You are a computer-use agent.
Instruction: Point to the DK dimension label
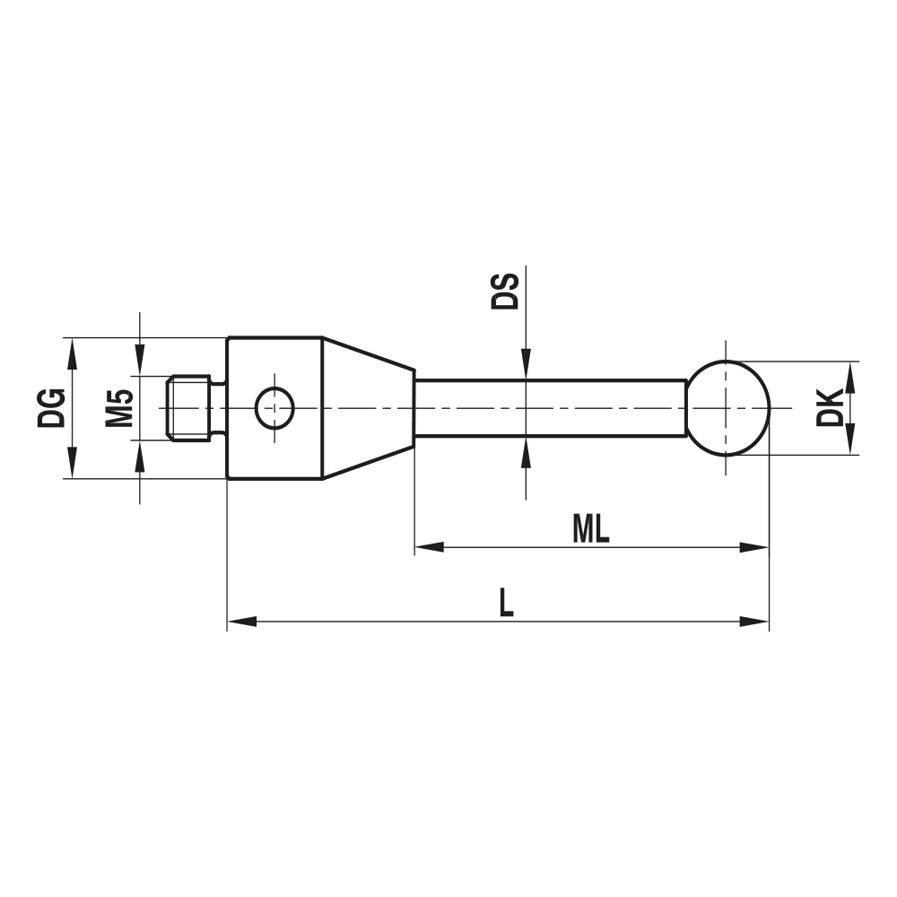(832, 407)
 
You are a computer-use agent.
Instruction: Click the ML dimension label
(591, 530)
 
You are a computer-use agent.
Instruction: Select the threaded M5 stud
(189, 408)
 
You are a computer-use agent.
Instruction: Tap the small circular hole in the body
(274, 408)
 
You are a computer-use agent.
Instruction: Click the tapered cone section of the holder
(368, 408)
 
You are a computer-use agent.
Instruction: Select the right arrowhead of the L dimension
(755, 620)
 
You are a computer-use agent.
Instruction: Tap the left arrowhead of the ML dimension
(429, 546)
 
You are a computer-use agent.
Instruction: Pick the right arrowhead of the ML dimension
(755, 546)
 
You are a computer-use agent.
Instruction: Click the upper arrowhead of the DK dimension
(850, 376)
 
